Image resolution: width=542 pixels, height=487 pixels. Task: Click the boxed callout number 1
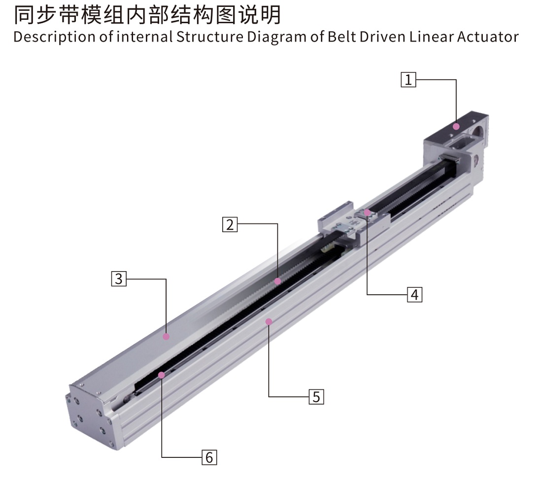pyautogui.click(x=408, y=79)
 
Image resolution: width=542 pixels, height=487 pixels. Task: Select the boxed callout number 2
pyautogui.click(x=230, y=224)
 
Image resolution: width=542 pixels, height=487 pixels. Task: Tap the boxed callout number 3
pyautogui.click(x=119, y=278)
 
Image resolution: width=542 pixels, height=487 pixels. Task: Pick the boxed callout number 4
pyautogui.click(x=414, y=294)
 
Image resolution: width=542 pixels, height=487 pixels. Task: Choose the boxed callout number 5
pyautogui.click(x=316, y=397)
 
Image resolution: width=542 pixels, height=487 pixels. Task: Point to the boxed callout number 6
pyautogui.click(x=209, y=457)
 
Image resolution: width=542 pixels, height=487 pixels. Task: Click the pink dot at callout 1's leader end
pyautogui.click(x=456, y=127)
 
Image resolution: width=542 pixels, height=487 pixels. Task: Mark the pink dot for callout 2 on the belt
pyautogui.click(x=277, y=281)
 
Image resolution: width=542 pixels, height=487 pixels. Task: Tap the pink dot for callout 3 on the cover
pyautogui.click(x=166, y=336)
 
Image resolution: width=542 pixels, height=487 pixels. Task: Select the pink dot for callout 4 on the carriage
pyautogui.click(x=367, y=212)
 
